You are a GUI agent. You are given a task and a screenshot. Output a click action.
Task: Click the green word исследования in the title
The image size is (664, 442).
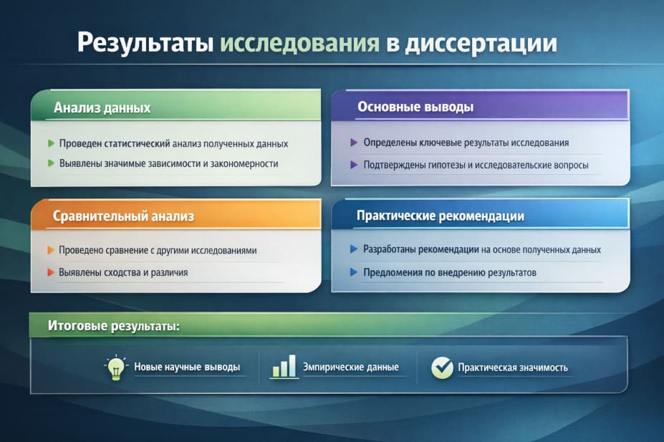299,43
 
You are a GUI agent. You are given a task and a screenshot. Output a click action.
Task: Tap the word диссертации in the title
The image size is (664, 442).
481,43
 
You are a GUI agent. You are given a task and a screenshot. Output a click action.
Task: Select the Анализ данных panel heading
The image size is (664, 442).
102,108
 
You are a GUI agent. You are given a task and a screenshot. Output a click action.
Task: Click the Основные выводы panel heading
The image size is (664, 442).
415,107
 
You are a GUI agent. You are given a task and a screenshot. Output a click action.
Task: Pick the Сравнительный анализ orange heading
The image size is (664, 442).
124,216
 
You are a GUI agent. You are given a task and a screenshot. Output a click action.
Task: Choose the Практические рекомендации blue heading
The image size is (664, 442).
441,216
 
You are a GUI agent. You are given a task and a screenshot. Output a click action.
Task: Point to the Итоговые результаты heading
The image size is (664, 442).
113,325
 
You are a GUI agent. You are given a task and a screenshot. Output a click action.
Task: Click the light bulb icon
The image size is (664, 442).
115,367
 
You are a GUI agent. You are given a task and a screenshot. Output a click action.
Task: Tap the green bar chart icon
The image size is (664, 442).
284,367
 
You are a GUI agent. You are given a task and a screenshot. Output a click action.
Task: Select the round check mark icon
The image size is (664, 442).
442,367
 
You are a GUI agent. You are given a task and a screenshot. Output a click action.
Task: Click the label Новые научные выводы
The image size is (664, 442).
187,367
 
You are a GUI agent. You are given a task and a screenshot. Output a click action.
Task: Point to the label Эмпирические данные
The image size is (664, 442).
352,367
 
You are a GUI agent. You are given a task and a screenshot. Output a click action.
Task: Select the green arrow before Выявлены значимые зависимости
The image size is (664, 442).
51,163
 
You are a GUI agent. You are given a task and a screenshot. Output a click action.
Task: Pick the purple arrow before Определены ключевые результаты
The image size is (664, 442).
354,143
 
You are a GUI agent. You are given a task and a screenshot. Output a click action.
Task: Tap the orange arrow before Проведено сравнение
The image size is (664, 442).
50,251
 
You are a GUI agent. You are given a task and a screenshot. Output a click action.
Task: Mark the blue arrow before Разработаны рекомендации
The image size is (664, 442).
354,249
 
